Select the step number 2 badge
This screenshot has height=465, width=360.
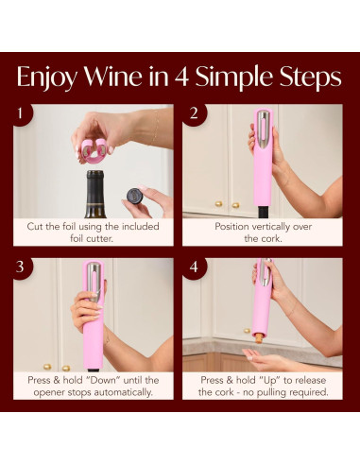point(193,115)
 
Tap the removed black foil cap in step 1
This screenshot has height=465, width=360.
point(134,195)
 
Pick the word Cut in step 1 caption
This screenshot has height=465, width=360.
point(37,227)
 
